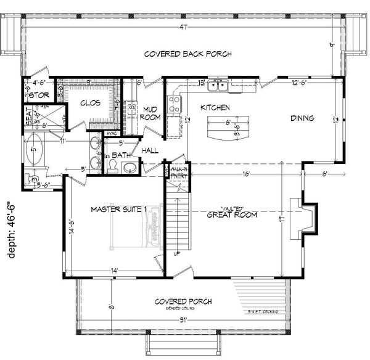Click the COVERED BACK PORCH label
[x=187, y=54]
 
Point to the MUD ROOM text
[x=152, y=113]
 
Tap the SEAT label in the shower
[x=28, y=115]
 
